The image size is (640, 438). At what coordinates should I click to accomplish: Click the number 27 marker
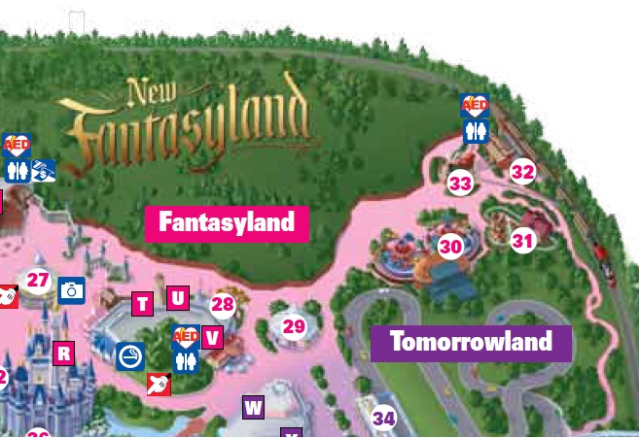point(38,281)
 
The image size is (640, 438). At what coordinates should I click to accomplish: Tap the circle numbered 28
point(223,305)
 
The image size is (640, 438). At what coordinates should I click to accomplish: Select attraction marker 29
point(294,327)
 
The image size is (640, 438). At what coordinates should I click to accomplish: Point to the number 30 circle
point(450,247)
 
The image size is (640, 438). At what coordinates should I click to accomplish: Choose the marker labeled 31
point(523,240)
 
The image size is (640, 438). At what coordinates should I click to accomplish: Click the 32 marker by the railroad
point(522,172)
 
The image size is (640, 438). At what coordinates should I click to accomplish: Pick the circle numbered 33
point(460,182)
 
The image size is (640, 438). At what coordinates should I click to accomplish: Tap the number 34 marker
point(384,419)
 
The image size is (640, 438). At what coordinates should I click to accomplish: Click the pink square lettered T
point(142,304)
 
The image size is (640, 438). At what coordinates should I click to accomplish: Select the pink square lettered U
point(177,297)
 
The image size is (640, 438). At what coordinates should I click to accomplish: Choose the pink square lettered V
point(211,337)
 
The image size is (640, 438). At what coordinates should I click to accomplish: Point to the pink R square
point(63,354)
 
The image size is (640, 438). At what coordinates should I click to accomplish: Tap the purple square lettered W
point(253,407)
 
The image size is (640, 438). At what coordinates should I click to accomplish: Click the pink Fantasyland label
point(227,222)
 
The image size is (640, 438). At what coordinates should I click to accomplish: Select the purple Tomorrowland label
point(471,342)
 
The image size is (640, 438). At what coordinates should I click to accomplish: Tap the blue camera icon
point(72,289)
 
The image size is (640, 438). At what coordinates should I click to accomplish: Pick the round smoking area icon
point(128,354)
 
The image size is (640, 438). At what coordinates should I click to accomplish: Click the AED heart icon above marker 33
point(476,105)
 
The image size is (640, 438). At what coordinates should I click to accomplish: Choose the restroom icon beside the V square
point(185,360)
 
